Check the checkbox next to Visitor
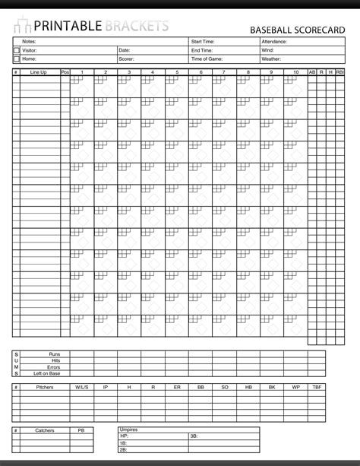click(x=17, y=50)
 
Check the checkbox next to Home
click(x=17, y=59)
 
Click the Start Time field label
click(x=203, y=42)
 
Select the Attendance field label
click(x=273, y=42)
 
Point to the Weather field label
click(x=271, y=59)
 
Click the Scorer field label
click(x=126, y=59)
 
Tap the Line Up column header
click(x=39, y=72)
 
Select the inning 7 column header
click(x=224, y=72)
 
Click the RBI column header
click(x=339, y=72)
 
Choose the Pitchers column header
click(x=44, y=387)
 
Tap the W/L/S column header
click(x=81, y=387)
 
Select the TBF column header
click(x=316, y=387)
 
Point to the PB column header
click(x=81, y=430)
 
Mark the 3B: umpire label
click(x=194, y=436)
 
